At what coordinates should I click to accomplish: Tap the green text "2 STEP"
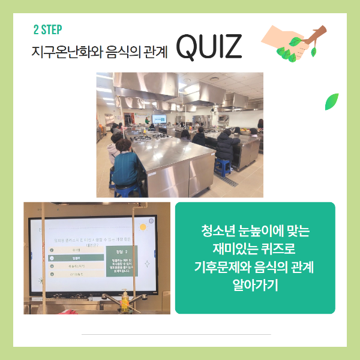49,29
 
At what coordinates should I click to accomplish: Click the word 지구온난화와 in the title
58,52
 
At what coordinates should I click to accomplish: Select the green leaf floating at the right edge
331,101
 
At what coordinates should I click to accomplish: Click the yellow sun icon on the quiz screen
143,227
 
